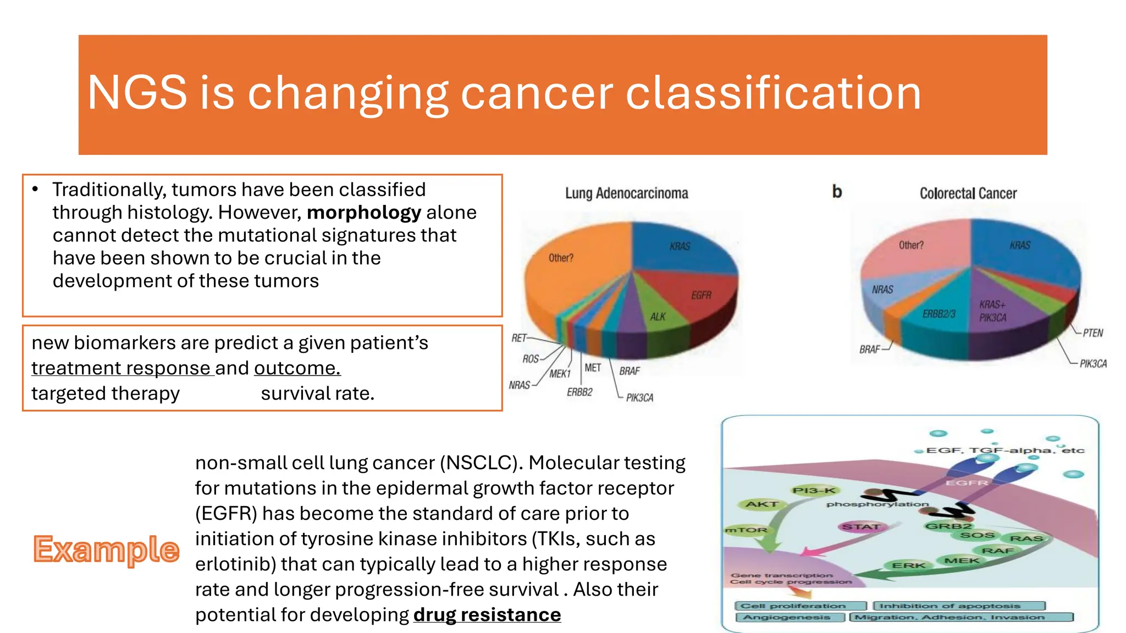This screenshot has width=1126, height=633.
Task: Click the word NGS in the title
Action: tap(137, 93)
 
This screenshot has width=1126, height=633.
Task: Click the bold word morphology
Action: tap(363, 213)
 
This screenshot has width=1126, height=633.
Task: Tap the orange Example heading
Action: tap(106, 549)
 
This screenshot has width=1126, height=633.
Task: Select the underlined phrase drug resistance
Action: tap(487, 614)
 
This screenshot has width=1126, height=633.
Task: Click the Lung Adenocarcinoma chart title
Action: tap(626, 193)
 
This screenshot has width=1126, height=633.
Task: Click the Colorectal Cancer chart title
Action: tap(968, 193)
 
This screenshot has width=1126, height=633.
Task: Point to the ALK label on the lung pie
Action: tap(658, 317)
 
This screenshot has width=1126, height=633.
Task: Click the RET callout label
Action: tap(518, 338)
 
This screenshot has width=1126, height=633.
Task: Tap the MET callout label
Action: tap(592, 368)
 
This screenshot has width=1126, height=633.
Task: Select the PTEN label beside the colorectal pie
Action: tap(1092, 333)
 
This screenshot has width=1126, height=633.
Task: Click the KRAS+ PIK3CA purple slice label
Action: tap(992, 311)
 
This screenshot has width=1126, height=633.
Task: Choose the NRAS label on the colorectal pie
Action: tap(882, 290)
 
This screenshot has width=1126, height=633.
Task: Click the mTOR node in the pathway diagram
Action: tap(746, 530)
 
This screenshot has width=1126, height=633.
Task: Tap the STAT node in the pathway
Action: tap(861, 526)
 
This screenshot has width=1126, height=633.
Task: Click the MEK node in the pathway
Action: tap(961, 560)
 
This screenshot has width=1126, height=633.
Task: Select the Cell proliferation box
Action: tap(793, 606)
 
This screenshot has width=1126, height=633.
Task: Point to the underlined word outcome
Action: tap(297, 368)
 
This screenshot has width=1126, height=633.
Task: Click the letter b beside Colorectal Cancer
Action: tap(837, 192)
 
